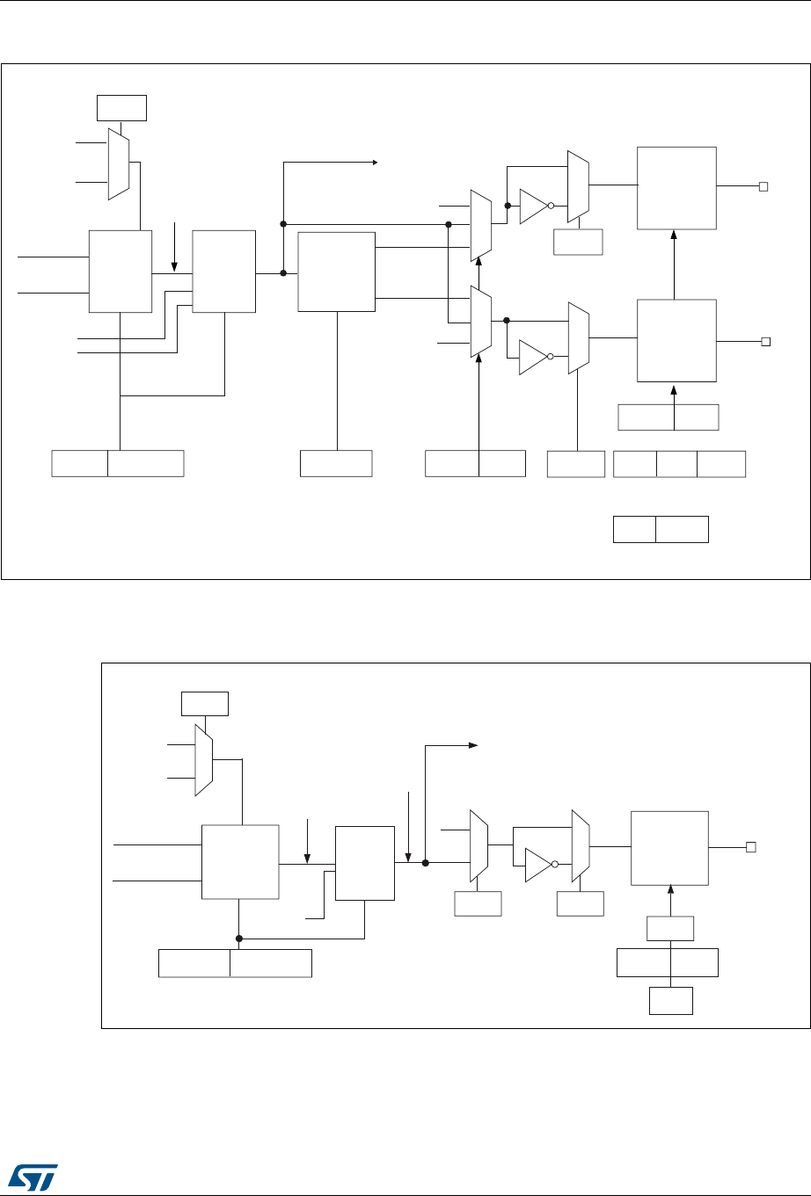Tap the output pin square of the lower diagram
(751, 847)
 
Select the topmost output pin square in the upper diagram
(764, 186)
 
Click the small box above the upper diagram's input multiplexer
(121, 107)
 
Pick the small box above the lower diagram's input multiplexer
(204, 704)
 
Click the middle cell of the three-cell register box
(676, 463)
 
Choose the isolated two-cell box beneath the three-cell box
(660, 530)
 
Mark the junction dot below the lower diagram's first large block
(239, 938)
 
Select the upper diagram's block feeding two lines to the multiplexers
(336, 272)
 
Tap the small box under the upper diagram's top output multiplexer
(578, 242)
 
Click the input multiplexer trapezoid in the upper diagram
(119, 163)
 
